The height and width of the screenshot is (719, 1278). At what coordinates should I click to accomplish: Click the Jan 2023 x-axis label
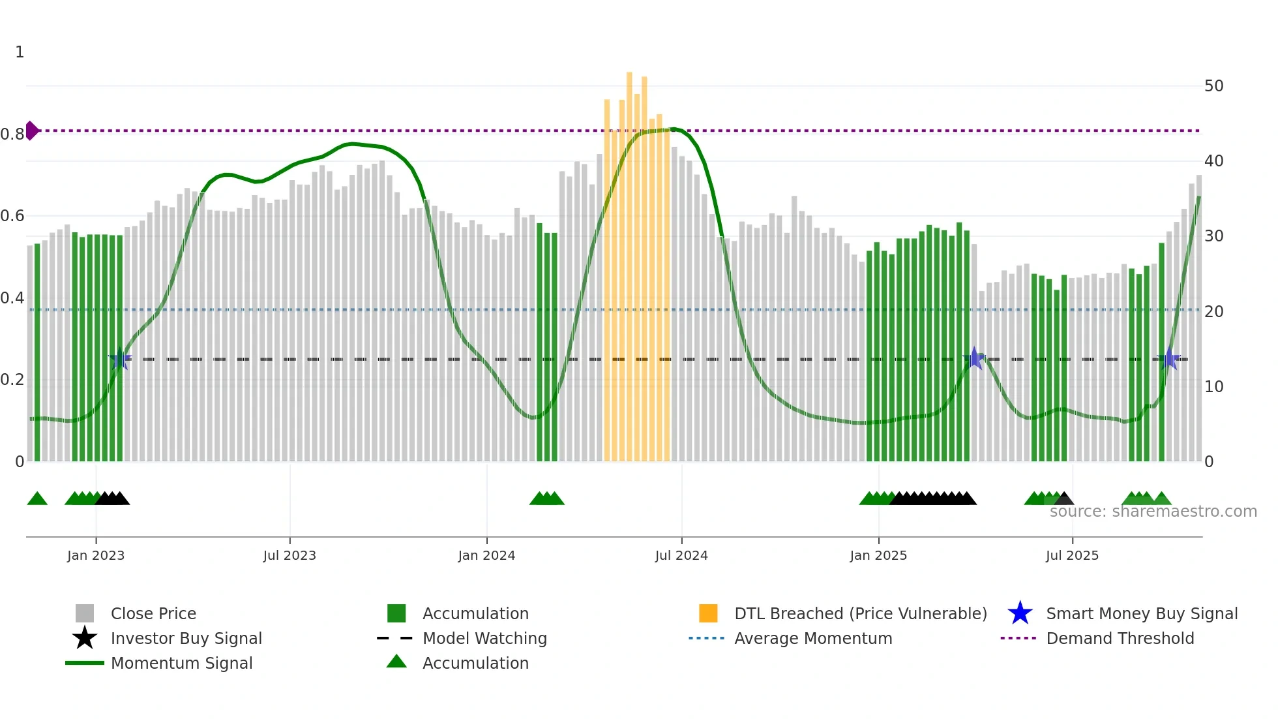[x=95, y=556]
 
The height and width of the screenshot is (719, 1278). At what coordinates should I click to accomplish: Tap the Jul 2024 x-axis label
[x=681, y=556]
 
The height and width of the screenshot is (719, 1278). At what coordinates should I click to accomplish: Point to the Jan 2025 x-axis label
[x=878, y=556]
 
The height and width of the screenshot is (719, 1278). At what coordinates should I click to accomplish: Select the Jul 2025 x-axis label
[x=1072, y=556]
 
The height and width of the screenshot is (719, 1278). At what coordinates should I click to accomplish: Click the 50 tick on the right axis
[x=1213, y=86]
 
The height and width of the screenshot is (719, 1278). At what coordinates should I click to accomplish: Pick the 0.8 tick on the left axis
[x=12, y=134]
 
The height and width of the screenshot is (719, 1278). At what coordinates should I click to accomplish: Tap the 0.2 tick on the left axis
[x=12, y=380]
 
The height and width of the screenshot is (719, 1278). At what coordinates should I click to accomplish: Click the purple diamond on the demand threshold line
[x=31, y=130]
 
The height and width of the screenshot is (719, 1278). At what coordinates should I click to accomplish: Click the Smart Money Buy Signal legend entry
[x=1141, y=614]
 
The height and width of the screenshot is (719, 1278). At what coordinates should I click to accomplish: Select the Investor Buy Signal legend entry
[x=186, y=639]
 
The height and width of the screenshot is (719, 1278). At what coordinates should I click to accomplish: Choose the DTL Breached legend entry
[x=860, y=614]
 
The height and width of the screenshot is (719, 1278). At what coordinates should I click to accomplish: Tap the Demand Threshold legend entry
[x=1120, y=639]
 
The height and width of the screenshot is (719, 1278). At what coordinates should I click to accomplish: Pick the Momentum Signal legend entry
[x=181, y=664]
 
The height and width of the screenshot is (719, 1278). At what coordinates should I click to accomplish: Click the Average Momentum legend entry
[x=812, y=639]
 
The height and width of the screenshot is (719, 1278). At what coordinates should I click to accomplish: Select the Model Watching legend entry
[x=484, y=639]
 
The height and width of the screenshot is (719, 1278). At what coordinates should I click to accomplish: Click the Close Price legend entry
[x=153, y=614]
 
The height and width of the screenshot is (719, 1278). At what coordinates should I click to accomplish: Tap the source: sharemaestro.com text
[x=1153, y=512]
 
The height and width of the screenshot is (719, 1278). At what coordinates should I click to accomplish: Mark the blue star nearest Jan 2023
[x=120, y=359]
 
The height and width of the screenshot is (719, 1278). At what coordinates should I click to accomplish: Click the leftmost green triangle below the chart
[x=37, y=499]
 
